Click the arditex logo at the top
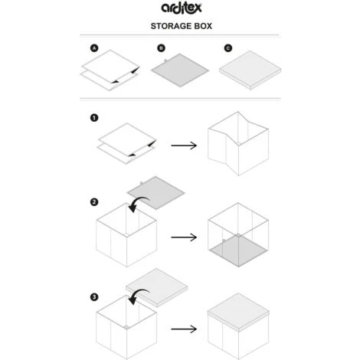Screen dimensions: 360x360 (182, 8)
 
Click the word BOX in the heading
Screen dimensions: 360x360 (203, 26)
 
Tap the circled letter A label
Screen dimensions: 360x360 (94, 48)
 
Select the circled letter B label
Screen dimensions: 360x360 (161, 48)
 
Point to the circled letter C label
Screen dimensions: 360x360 (228, 48)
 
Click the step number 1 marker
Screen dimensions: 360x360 (94, 118)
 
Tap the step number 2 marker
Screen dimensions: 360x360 (94, 202)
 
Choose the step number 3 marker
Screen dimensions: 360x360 (94, 297)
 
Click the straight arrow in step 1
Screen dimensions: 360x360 (184, 146)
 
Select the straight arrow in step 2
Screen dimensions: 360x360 (184, 237)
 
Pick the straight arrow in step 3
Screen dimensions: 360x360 (184, 329)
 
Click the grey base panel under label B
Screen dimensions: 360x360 (180, 70)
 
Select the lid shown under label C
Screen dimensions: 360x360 (250, 70)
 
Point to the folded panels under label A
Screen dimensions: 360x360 (110, 70)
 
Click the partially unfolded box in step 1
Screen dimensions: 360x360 (238, 143)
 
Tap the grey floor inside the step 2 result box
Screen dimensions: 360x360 (238, 250)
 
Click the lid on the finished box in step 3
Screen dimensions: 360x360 (238, 312)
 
